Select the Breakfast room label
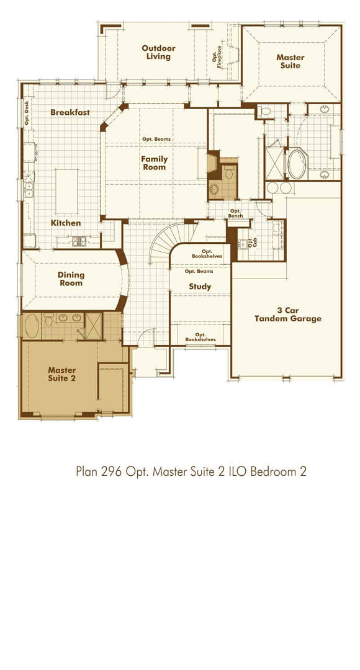(x=70, y=112)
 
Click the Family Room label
(x=155, y=163)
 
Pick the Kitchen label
(x=66, y=223)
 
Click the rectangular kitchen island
(x=66, y=191)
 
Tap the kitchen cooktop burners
(x=79, y=241)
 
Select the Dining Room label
(x=71, y=279)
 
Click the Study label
(x=200, y=286)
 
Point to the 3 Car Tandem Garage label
(x=288, y=315)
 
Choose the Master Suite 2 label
(x=62, y=374)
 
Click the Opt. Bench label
(x=236, y=213)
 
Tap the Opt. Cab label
(x=252, y=242)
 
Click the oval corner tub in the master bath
(x=297, y=164)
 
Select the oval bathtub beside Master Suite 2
(x=32, y=326)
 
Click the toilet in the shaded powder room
(x=229, y=172)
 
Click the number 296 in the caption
(x=110, y=471)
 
